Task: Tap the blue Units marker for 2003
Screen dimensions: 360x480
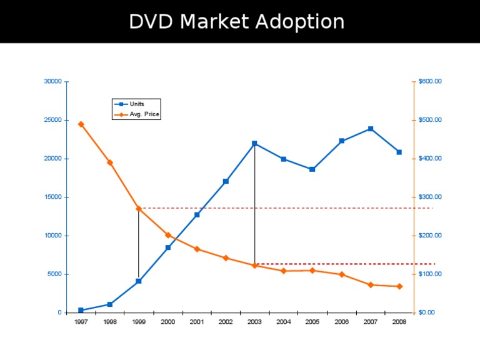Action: (254, 144)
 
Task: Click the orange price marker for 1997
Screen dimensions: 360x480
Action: (81, 124)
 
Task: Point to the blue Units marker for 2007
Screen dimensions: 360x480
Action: (371, 129)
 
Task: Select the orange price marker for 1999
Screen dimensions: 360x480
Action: (139, 208)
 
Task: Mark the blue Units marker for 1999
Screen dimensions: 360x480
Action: (139, 281)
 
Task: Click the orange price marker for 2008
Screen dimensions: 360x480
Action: (399, 286)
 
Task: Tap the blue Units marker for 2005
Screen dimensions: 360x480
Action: (312, 169)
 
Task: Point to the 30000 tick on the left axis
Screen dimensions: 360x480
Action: (52, 81)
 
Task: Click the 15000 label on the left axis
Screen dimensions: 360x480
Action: (52, 197)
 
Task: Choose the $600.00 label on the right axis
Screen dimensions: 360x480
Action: (430, 81)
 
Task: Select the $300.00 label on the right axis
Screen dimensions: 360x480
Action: (430, 197)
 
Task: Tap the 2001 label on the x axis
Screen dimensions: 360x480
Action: (197, 322)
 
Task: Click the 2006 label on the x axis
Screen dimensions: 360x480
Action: (341, 322)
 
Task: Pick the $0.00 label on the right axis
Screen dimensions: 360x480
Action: (428, 312)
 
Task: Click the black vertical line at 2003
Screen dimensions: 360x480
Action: (254, 206)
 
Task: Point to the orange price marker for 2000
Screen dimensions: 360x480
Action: (168, 235)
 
